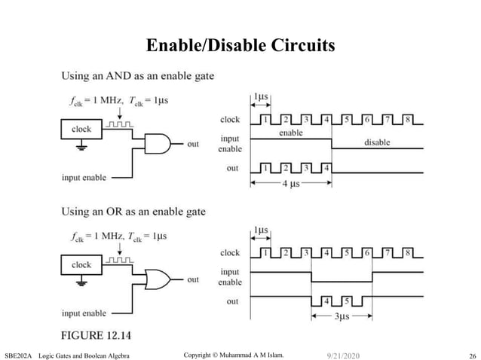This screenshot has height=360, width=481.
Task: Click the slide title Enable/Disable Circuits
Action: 240,47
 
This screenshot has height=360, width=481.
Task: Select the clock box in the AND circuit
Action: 81,130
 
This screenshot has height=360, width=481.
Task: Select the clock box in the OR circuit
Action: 81,265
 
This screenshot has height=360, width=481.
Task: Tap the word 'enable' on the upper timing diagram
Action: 290,133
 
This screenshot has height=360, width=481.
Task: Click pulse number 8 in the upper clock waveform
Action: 406,119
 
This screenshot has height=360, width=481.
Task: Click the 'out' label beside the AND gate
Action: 193,143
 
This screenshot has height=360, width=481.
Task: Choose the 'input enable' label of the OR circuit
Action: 84,313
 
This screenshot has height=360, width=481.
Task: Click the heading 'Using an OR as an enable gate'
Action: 133,212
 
